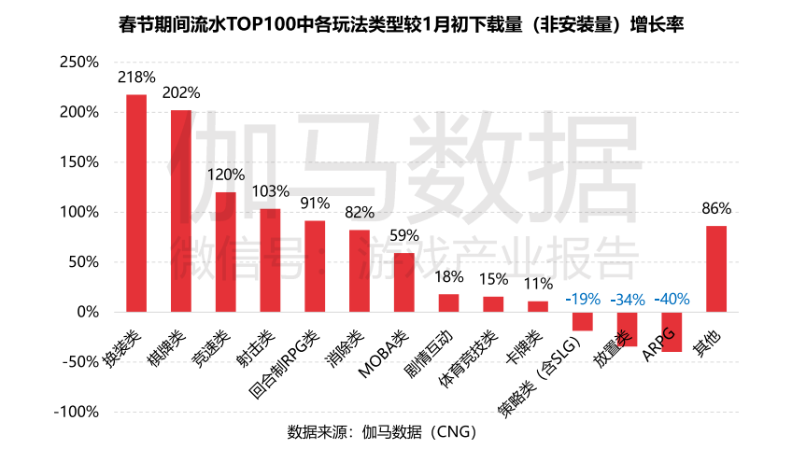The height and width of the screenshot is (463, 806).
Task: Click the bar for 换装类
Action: [x=136, y=203]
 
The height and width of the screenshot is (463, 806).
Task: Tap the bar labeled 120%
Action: [x=226, y=251]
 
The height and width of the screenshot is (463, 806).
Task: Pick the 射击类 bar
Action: [x=270, y=260]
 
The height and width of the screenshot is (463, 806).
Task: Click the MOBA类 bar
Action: [x=403, y=282]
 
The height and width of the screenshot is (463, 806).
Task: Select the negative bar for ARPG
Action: [x=672, y=331]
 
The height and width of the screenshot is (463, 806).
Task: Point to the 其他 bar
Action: [x=716, y=269]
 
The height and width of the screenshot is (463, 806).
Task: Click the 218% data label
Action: [x=136, y=77]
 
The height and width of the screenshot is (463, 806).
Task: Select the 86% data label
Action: [x=716, y=208]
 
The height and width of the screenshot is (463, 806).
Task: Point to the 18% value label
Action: [x=448, y=276]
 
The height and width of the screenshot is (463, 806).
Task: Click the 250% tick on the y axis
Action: [x=78, y=63]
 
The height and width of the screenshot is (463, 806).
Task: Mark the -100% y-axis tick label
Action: [x=75, y=412]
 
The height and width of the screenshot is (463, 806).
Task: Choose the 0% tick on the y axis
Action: [x=86, y=312]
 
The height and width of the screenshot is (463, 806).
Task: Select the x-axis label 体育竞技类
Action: [x=467, y=359]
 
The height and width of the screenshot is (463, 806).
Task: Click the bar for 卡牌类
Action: [x=538, y=306]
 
